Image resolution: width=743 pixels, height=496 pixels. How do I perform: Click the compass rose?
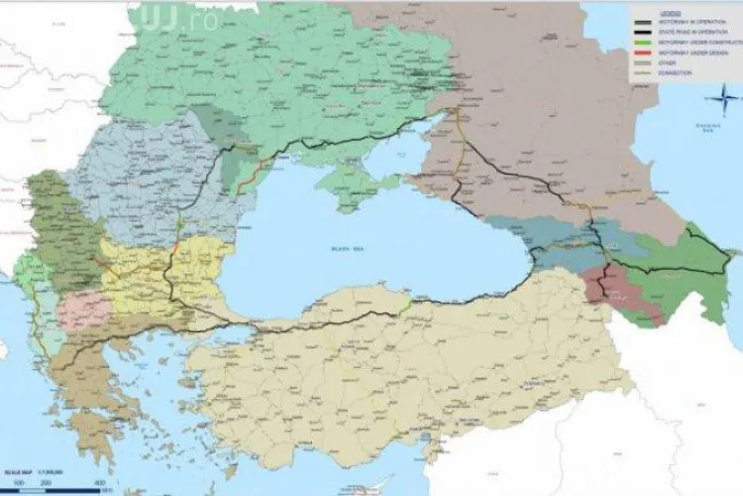coord(728,97)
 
